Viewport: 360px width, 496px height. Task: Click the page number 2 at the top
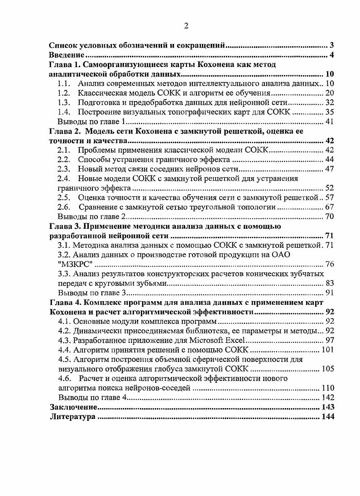click(186, 26)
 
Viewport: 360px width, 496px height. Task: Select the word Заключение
click(71, 408)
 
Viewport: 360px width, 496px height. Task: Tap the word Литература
click(73, 417)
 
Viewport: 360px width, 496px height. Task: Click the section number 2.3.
click(65, 169)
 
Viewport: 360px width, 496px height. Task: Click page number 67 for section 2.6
click(330, 207)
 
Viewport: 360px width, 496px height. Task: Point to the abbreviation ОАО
click(281, 255)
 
